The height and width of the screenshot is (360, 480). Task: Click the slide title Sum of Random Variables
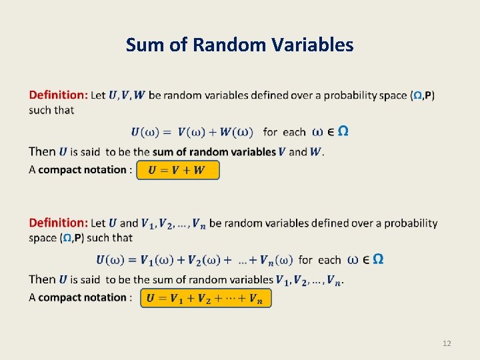tap(239, 45)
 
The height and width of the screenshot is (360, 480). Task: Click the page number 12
tap(447, 343)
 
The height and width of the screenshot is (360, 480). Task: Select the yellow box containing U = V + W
tap(177, 170)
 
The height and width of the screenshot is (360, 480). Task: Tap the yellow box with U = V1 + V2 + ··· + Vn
tap(205, 298)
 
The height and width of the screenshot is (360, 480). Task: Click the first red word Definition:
tap(58, 95)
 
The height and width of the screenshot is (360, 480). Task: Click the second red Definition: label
tap(58, 223)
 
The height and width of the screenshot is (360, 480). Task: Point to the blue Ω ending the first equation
tap(343, 131)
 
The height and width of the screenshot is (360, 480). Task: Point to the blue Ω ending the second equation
tap(378, 259)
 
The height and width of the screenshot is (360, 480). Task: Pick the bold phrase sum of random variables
tap(214, 151)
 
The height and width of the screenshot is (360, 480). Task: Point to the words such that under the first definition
tap(51, 110)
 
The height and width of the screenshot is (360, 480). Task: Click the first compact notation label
tap(82, 169)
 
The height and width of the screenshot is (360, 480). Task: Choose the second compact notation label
tap(82, 297)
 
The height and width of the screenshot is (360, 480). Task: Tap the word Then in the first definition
tap(42, 151)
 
